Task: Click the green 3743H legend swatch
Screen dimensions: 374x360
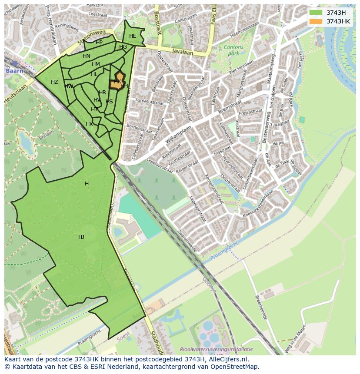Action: point(316,13)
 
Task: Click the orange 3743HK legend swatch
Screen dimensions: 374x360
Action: point(316,21)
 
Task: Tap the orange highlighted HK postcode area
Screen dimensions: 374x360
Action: point(117,82)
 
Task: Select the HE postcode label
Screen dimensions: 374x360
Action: point(133,36)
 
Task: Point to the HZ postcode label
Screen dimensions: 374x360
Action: point(54,82)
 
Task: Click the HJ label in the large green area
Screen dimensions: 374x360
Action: point(81,237)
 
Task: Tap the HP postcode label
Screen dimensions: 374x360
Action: point(99,43)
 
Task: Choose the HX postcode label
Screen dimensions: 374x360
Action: point(89,124)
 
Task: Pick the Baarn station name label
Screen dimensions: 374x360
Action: point(13,70)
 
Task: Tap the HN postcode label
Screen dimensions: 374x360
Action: point(87,56)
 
